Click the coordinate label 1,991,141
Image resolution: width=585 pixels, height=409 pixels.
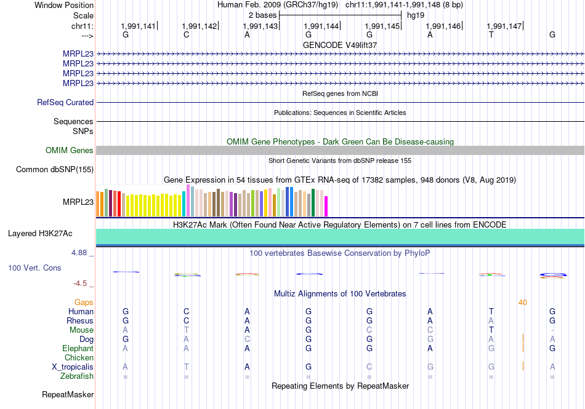pos(139,26)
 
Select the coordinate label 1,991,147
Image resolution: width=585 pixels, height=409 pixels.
pos(504,26)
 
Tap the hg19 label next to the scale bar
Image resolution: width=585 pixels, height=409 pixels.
pos(416,15)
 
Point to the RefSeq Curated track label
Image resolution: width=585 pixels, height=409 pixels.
pos(65,103)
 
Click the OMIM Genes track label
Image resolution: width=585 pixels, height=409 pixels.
pos(70,150)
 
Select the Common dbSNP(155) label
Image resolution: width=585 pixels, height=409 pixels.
pos(55,170)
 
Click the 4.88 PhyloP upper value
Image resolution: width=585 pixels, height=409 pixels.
pos(82,253)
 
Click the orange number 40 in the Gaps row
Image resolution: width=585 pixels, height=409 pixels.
pos(523,302)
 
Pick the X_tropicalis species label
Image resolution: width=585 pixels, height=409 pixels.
pos(73,367)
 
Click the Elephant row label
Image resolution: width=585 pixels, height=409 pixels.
pos(78,348)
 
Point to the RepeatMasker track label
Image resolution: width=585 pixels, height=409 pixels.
pos(68,394)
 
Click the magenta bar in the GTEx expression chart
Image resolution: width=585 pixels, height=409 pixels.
pos(326,206)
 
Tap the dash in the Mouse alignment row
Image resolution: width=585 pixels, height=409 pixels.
pos(552,330)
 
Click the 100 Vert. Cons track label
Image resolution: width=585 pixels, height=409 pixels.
pos(34,268)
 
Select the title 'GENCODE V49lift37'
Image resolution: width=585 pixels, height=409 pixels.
pos(340,45)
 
